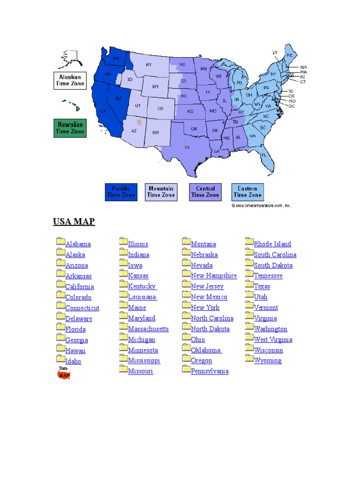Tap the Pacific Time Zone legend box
[121, 192]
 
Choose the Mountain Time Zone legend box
[161, 192]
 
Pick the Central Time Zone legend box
[205, 192]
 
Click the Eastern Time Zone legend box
[247, 192]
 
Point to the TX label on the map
[187, 148]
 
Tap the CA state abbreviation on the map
[104, 111]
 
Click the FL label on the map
[264, 155]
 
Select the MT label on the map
[149, 65]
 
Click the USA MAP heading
[74, 221]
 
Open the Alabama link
[78, 244]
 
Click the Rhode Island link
[272, 244]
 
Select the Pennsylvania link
[210, 371]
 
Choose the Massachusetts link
[149, 329]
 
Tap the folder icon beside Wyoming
[249, 359]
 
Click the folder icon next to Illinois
[124, 242]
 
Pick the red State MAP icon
[64, 374]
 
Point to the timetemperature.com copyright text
[261, 205]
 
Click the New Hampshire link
[214, 276]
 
